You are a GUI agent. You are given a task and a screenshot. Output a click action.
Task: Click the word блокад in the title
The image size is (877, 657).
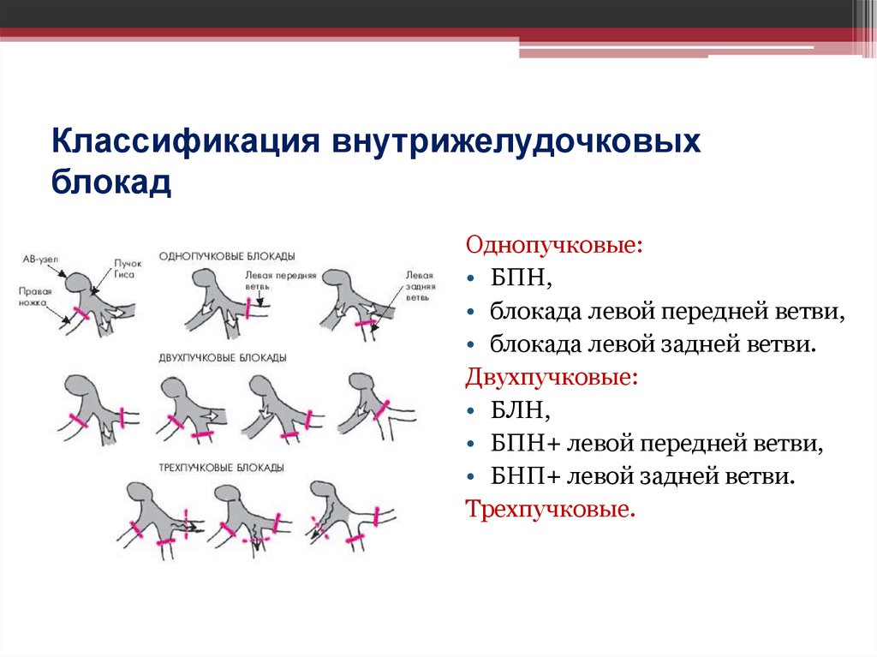click(x=112, y=182)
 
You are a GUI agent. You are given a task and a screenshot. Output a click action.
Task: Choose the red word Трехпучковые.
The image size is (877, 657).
click(x=551, y=510)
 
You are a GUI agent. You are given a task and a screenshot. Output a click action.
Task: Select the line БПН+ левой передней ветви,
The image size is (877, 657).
click(x=657, y=444)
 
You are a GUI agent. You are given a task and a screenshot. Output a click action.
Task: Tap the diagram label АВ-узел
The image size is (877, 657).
click(x=39, y=258)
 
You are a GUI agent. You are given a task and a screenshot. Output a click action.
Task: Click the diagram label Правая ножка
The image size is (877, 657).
click(x=34, y=296)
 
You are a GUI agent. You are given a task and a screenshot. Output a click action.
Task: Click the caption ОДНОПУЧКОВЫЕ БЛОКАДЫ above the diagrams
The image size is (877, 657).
click(x=227, y=256)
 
